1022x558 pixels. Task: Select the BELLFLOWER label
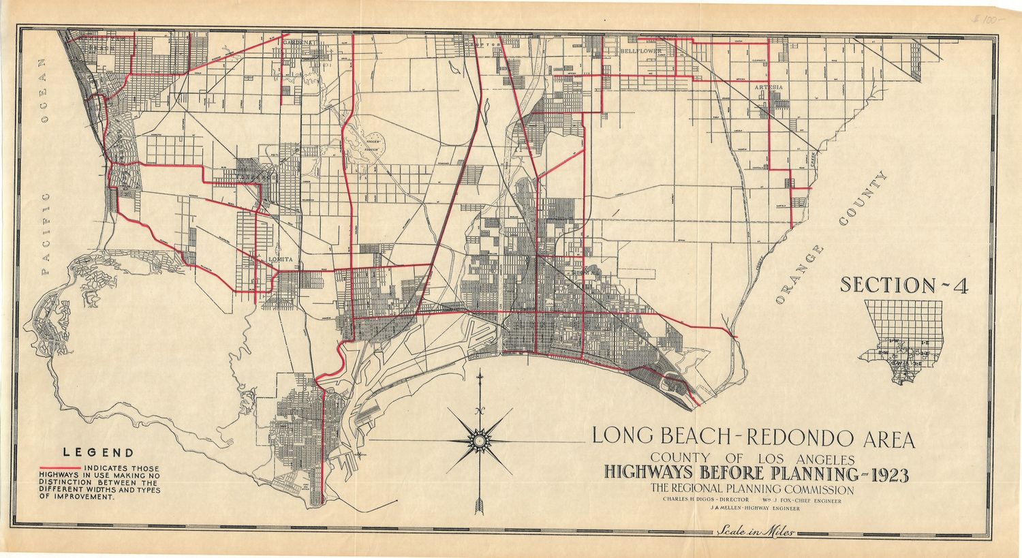point(640,51)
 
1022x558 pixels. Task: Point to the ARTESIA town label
point(768,88)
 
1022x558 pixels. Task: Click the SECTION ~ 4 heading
point(903,285)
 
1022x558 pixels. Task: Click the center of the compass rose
point(480,441)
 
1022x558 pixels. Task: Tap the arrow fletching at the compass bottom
point(480,506)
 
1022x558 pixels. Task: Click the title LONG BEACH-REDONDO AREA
point(753,438)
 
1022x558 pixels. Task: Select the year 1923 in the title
point(884,474)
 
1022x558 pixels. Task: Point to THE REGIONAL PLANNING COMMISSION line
point(752,489)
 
